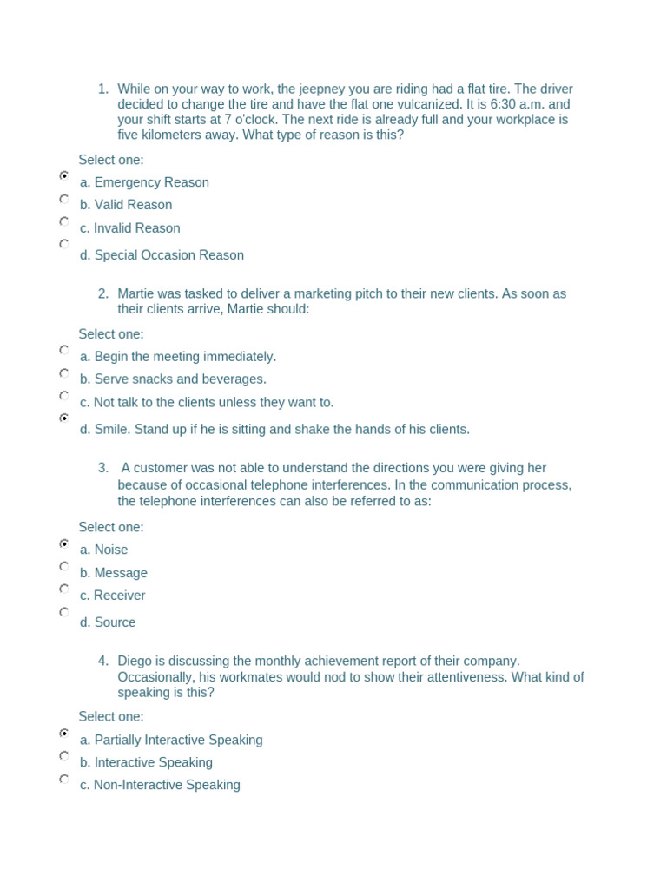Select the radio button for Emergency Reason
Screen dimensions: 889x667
click(64, 175)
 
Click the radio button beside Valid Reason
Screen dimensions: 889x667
click(64, 199)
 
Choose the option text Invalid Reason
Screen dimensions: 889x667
click(136, 228)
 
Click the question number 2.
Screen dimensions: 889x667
click(103, 293)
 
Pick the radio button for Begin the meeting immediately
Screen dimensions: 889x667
click(64, 350)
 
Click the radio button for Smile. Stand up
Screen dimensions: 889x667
click(64, 418)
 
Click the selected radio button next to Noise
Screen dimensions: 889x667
click(64, 543)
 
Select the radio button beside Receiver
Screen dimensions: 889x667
click(64, 589)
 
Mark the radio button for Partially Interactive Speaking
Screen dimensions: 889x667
click(64, 734)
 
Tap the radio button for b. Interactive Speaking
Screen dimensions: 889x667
click(64, 756)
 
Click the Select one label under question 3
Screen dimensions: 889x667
click(111, 527)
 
